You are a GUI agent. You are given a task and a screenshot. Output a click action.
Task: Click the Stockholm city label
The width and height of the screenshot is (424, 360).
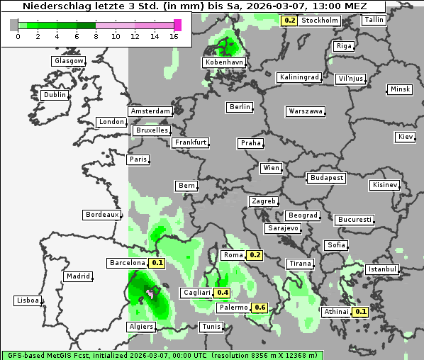click(x=320, y=21)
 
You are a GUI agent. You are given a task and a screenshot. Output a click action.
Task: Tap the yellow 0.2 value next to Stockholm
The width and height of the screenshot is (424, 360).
click(x=289, y=21)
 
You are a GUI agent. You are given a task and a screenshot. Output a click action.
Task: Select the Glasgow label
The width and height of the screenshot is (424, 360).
click(x=68, y=61)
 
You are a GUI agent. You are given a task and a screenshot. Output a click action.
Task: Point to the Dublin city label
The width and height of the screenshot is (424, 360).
click(x=55, y=95)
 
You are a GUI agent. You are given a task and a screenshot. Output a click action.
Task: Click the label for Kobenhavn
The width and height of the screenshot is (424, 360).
click(x=224, y=62)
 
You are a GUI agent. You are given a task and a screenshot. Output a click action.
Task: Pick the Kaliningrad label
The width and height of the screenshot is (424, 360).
click(x=300, y=77)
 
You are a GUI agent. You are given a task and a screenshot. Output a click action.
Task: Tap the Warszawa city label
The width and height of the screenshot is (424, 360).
click(x=306, y=111)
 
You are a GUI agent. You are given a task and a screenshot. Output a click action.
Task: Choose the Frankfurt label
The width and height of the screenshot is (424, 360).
click(x=191, y=142)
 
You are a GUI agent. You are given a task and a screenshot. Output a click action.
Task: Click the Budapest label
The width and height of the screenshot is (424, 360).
click(x=326, y=178)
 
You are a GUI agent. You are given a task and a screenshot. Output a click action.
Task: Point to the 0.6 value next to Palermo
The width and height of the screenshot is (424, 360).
click(x=260, y=308)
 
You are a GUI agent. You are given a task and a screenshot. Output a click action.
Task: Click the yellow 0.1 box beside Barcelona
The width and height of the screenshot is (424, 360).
click(x=157, y=263)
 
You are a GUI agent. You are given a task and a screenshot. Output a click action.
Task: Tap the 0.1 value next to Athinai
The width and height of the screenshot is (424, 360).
click(x=360, y=312)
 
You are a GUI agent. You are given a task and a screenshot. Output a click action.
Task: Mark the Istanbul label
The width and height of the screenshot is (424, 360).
click(x=383, y=270)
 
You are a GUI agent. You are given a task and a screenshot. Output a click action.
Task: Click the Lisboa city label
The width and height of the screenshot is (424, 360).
click(x=28, y=300)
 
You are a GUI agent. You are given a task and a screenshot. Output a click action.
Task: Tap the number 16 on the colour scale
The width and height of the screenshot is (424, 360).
click(x=174, y=35)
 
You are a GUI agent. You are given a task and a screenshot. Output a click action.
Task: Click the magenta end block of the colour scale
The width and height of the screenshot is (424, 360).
click(x=178, y=25)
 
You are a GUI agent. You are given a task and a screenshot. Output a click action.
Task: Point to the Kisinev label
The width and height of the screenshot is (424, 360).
click(x=385, y=186)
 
